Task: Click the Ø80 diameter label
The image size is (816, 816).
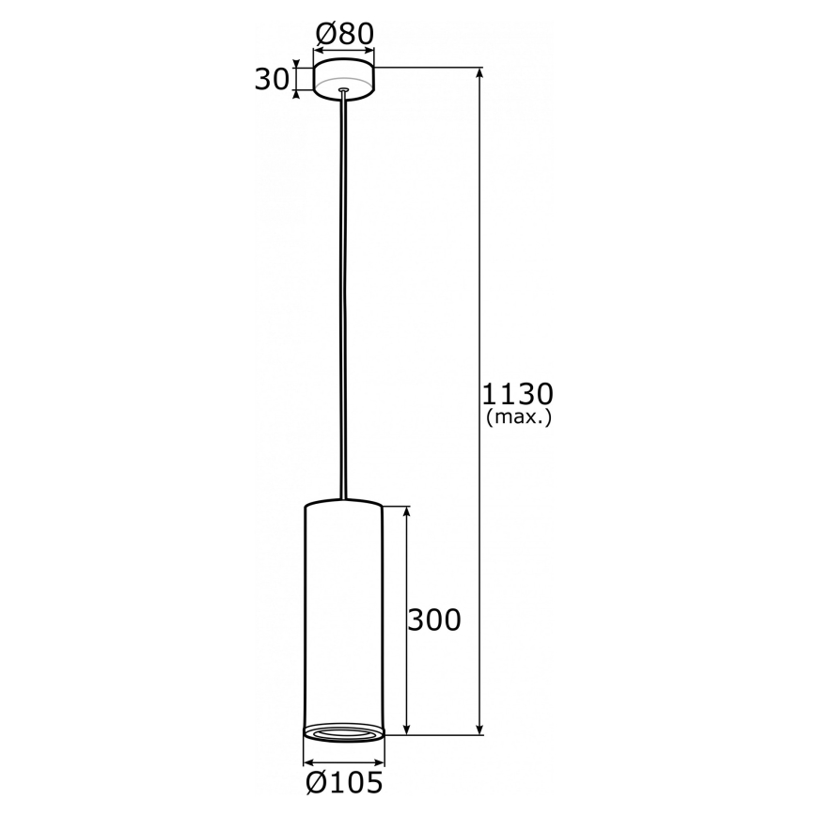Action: coord(344,34)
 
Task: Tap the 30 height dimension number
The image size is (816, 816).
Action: coord(272,80)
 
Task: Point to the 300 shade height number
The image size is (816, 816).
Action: coord(433,620)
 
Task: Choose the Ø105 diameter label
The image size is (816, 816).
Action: coord(344,782)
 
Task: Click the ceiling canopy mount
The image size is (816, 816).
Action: coord(344,79)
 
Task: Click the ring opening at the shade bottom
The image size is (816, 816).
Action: coord(343,732)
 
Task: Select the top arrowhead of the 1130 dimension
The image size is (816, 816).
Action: coord(480,73)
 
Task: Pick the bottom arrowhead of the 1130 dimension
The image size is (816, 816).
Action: coord(480,729)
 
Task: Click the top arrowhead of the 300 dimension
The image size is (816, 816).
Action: coord(406,513)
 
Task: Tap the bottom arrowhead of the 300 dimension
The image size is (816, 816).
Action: coord(406,729)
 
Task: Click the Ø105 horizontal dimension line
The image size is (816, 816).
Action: coord(343,762)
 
